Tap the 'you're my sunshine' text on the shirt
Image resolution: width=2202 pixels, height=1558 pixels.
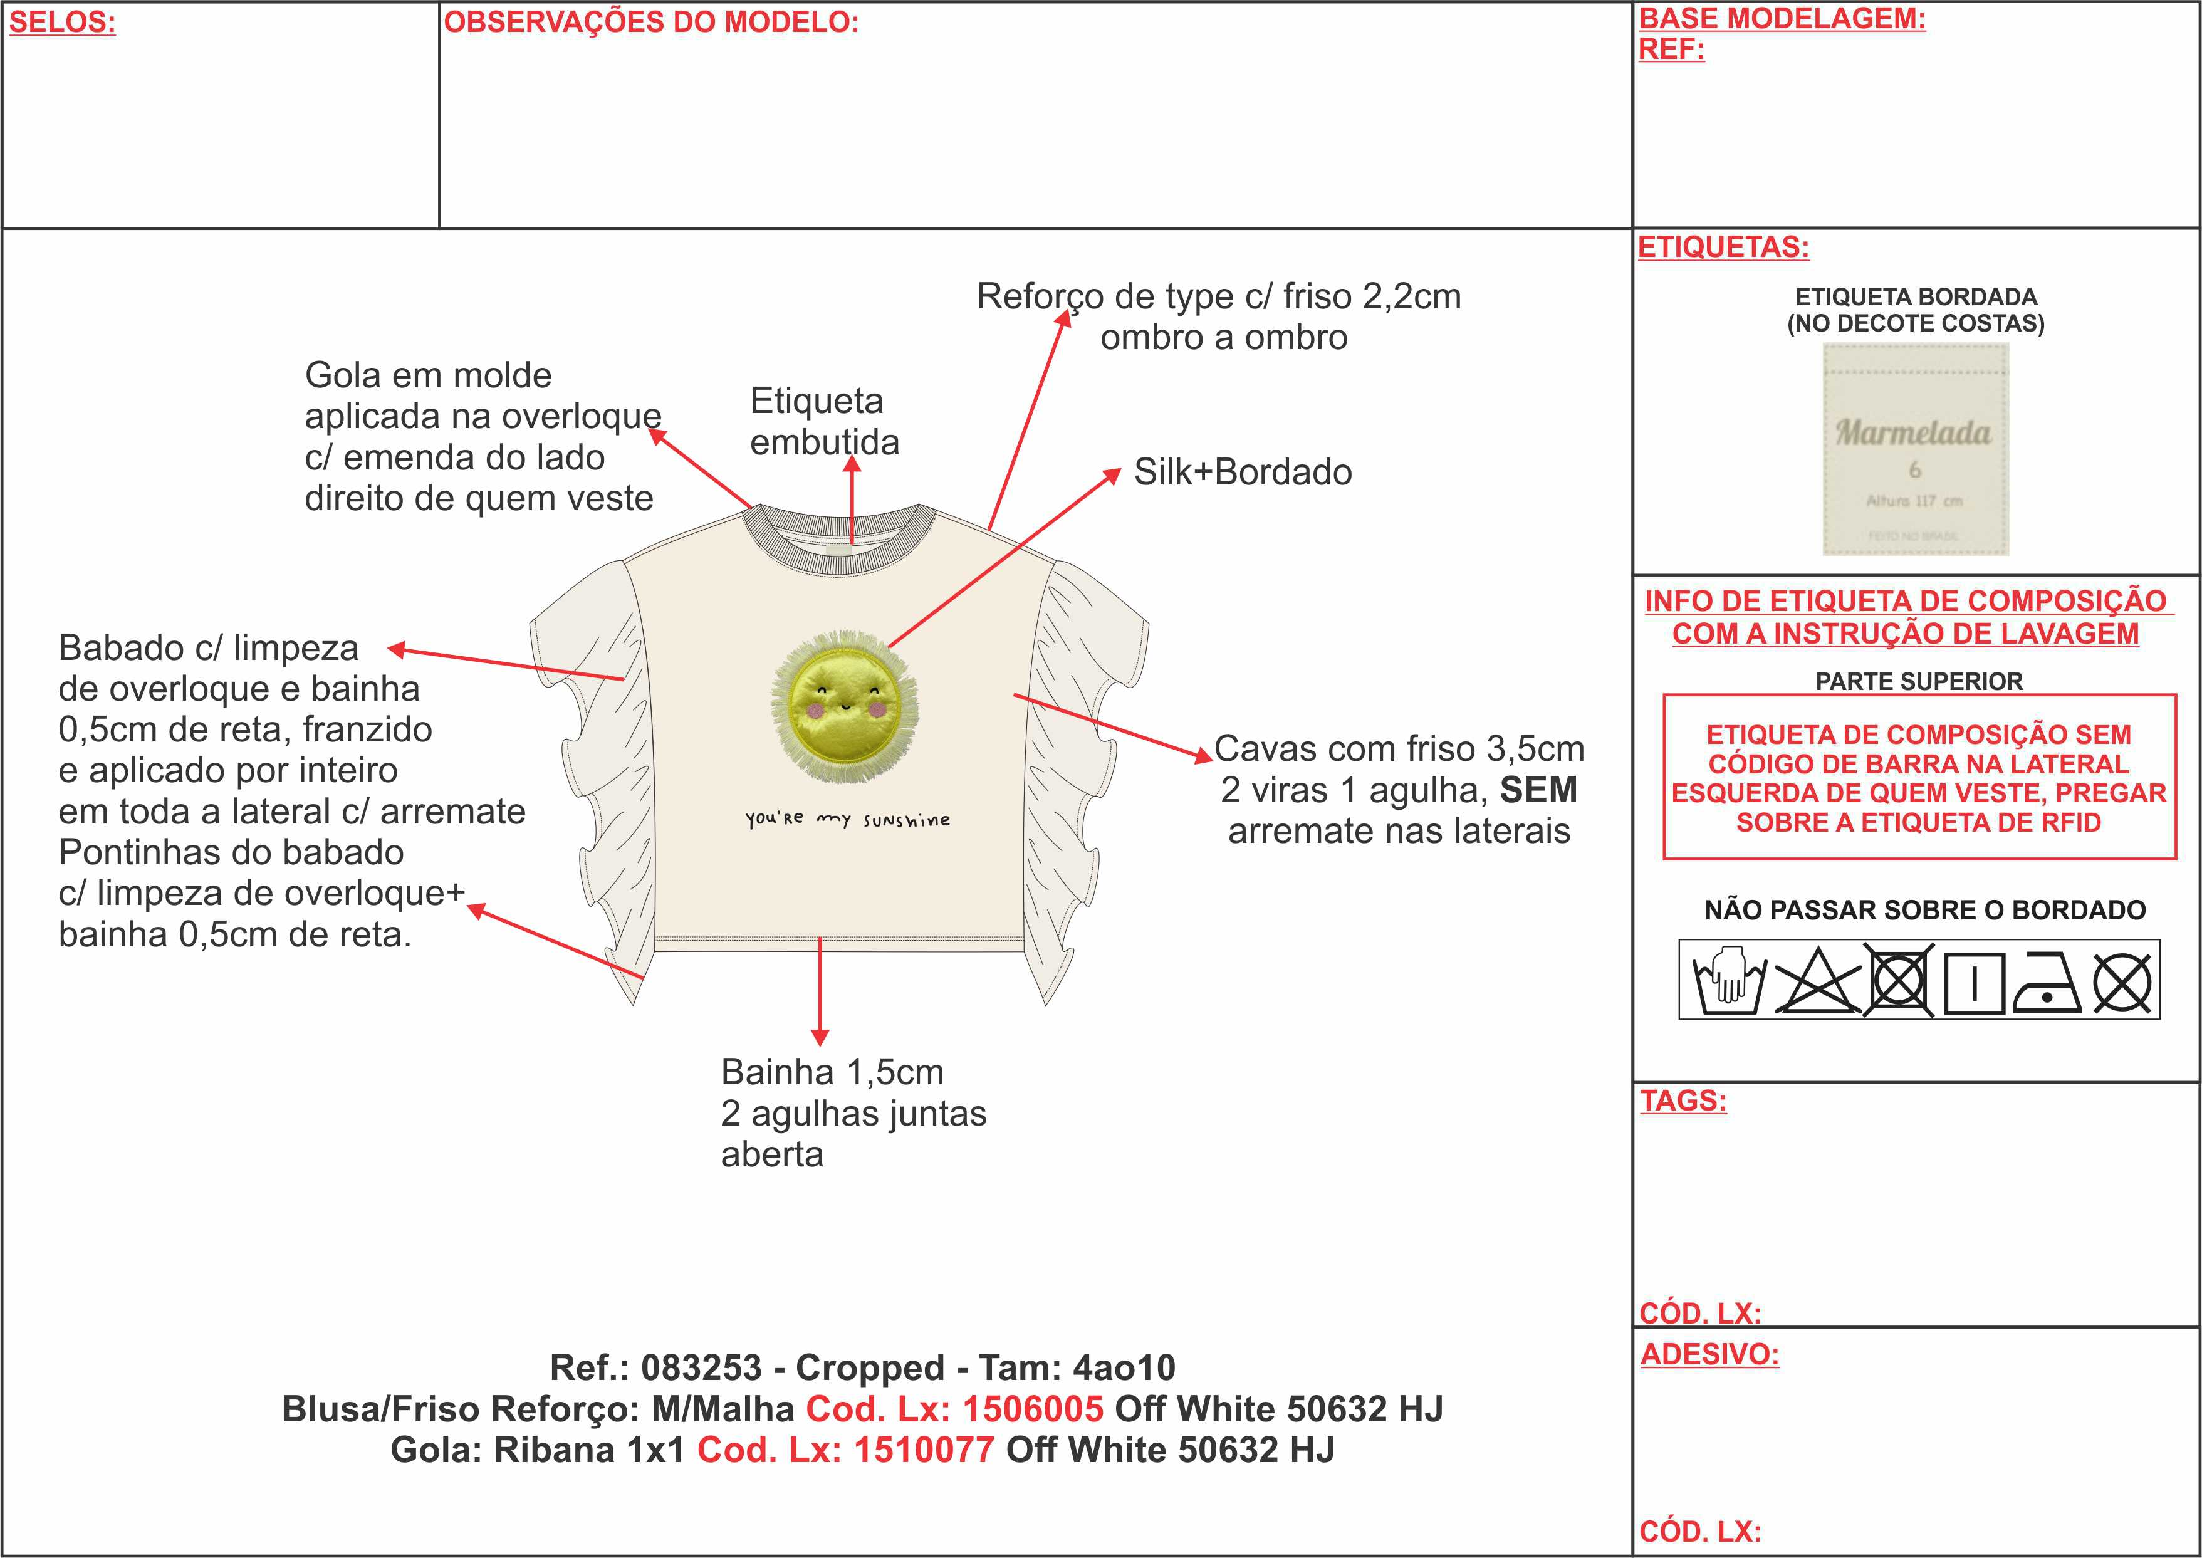point(848,819)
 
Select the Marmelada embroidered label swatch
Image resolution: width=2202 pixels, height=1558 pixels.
point(1915,449)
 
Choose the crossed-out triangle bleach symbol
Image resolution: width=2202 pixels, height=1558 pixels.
point(1817,980)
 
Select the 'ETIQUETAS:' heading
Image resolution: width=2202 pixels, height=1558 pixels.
point(1723,248)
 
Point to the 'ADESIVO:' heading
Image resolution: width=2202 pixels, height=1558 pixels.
point(1709,1354)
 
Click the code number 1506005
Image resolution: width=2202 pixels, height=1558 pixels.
point(1033,1408)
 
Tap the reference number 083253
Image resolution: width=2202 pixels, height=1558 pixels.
point(701,1367)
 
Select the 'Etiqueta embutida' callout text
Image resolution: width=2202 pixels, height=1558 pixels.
point(824,421)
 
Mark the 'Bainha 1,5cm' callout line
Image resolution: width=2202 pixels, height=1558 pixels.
point(832,1072)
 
